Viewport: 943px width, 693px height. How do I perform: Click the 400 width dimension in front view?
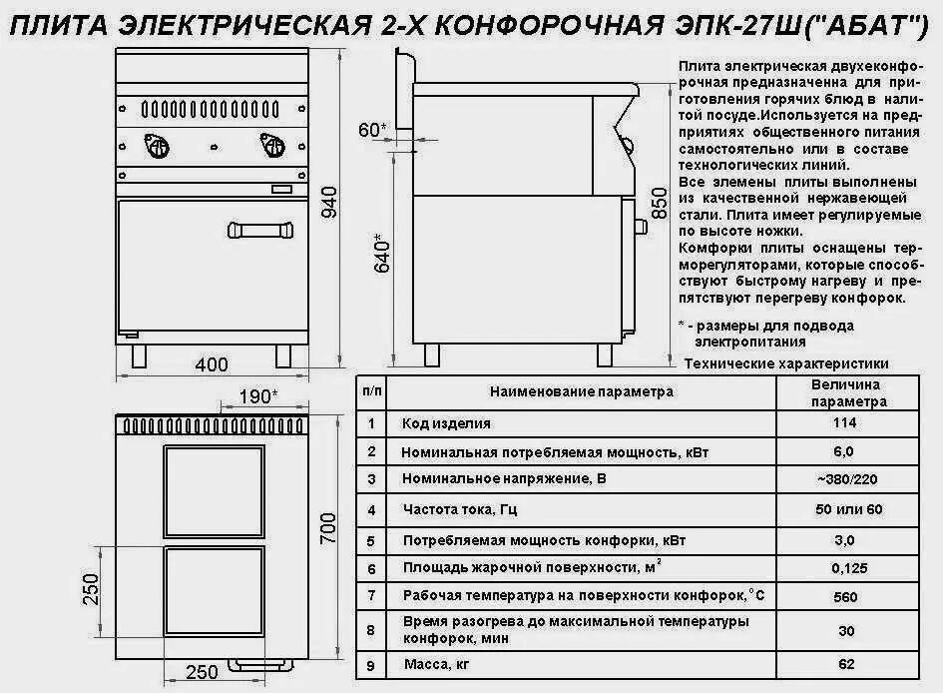(212, 364)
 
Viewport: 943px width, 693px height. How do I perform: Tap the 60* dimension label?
(371, 130)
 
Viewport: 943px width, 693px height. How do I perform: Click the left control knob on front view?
(157, 147)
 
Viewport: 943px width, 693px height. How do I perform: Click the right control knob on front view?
(272, 147)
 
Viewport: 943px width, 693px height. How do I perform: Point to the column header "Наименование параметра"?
(582, 392)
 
